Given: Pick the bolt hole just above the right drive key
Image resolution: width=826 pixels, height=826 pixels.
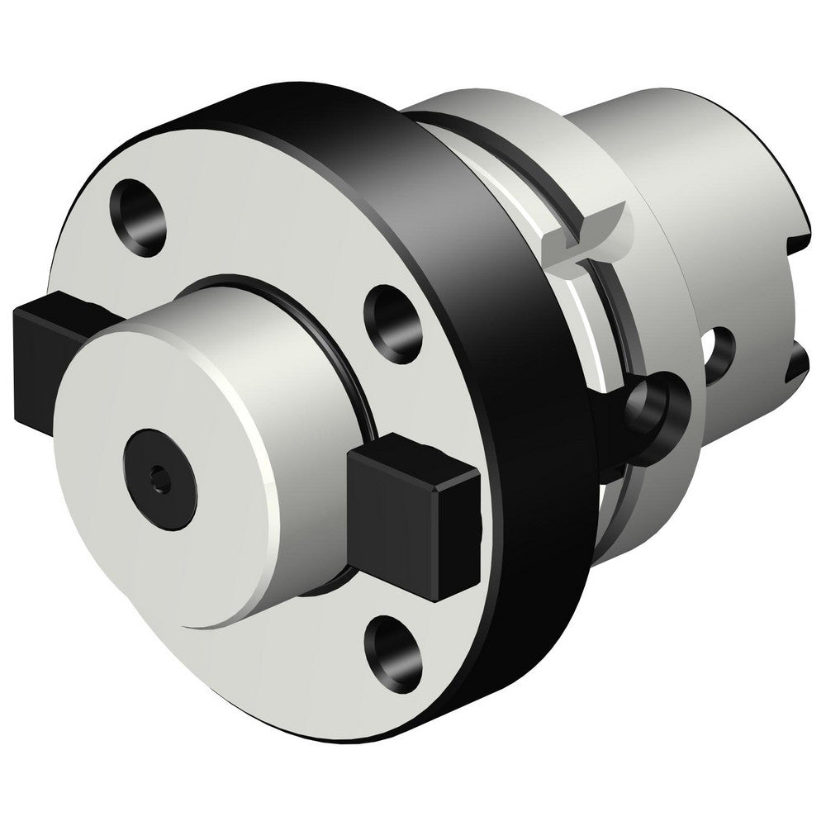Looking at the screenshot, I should pos(392,315).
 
